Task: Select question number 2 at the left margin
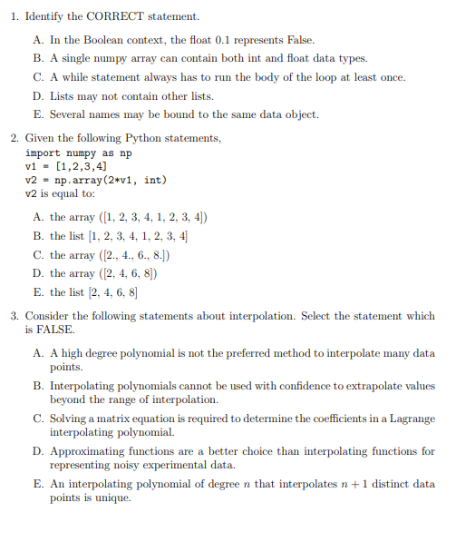point(15,138)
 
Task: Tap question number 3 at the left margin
point(15,316)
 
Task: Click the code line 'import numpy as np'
point(78,153)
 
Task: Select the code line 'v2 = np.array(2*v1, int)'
point(95,180)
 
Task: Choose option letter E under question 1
point(37,114)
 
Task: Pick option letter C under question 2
point(37,255)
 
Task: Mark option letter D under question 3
point(37,450)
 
